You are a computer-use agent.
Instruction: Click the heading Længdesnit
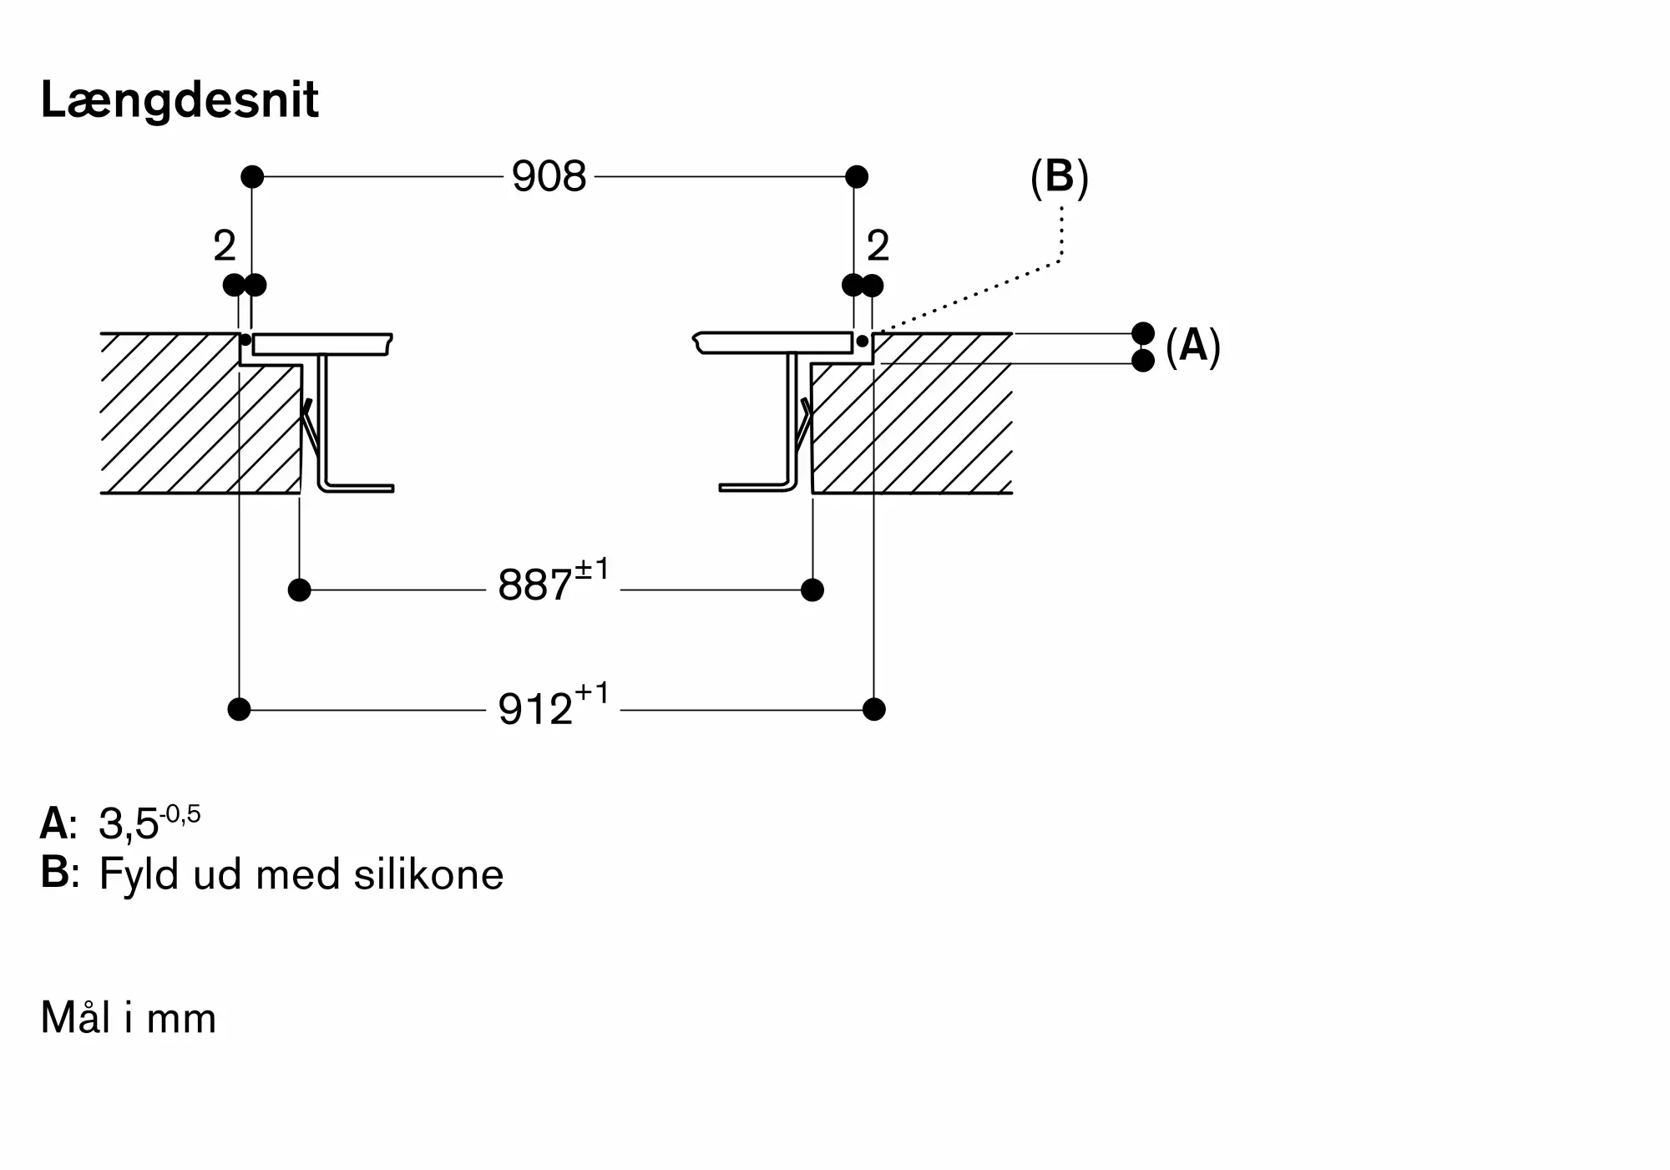[180, 100]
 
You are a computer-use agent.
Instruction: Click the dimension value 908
[549, 177]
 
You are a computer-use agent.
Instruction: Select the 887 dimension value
[535, 585]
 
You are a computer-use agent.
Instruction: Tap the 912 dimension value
[535, 709]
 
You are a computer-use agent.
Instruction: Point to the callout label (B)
[1059, 178]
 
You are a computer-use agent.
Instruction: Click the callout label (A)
[1192, 346]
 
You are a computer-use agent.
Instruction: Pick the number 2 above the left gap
[224, 246]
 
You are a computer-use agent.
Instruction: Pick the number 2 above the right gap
[878, 246]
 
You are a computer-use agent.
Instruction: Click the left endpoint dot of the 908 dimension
[252, 177]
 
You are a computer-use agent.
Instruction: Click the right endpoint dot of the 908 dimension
[857, 177]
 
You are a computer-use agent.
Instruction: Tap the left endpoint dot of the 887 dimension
[299, 590]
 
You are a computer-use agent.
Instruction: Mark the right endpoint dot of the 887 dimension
[812, 590]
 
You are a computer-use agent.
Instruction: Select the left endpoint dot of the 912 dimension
[239, 710]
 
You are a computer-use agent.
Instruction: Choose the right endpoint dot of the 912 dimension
[873, 710]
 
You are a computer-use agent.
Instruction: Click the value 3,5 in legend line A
[129, 824]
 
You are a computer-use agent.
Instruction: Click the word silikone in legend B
[428, 875]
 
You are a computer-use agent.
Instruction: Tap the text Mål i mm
[129, 1018]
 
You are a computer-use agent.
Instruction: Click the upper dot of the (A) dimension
[1143, 333]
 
